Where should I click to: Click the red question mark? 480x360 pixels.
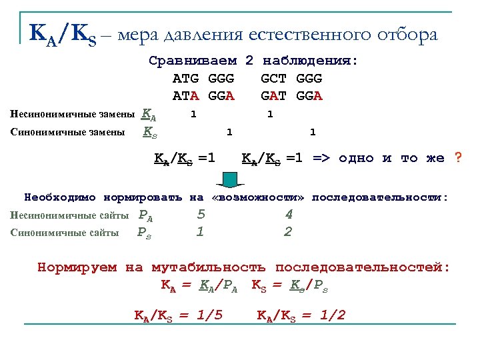(x=457, y=158)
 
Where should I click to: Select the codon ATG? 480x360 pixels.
(x=186, y=79)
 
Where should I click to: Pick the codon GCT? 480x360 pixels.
(x=274, y=79)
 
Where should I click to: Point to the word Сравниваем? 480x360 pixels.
(x=193, y=61)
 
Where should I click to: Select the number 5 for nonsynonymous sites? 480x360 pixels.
(x=201, y=215)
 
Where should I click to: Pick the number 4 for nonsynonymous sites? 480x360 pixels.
(x=288, y=215)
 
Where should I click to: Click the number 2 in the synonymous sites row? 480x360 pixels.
(x=288, y=231)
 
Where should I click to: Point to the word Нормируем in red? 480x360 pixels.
(x=77, y=268)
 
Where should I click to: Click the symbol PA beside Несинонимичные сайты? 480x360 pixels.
(x=145, y=215)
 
